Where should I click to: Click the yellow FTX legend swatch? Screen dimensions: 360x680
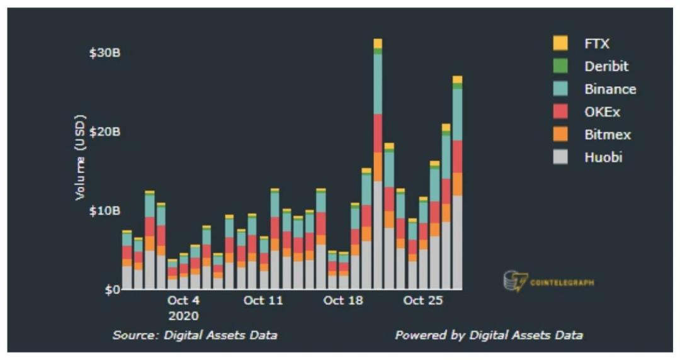560,43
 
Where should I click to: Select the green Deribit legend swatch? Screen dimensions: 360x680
560,66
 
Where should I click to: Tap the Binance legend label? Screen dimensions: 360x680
609,89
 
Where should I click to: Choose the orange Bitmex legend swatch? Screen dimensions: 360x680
560,135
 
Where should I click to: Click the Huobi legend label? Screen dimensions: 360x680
603,157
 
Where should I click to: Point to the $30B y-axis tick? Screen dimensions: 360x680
105,52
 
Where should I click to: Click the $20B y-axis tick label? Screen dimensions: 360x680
105,132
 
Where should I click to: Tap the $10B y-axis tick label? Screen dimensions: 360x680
105,210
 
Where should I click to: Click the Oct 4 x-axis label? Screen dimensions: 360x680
183,300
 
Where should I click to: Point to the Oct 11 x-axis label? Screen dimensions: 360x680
263,300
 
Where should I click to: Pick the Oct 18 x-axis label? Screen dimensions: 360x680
343,300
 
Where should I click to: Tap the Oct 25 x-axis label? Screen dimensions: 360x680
423,300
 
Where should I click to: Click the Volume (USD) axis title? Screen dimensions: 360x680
80,157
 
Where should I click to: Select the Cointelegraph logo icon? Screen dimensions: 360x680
515,281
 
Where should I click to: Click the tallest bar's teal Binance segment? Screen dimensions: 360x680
378,84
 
